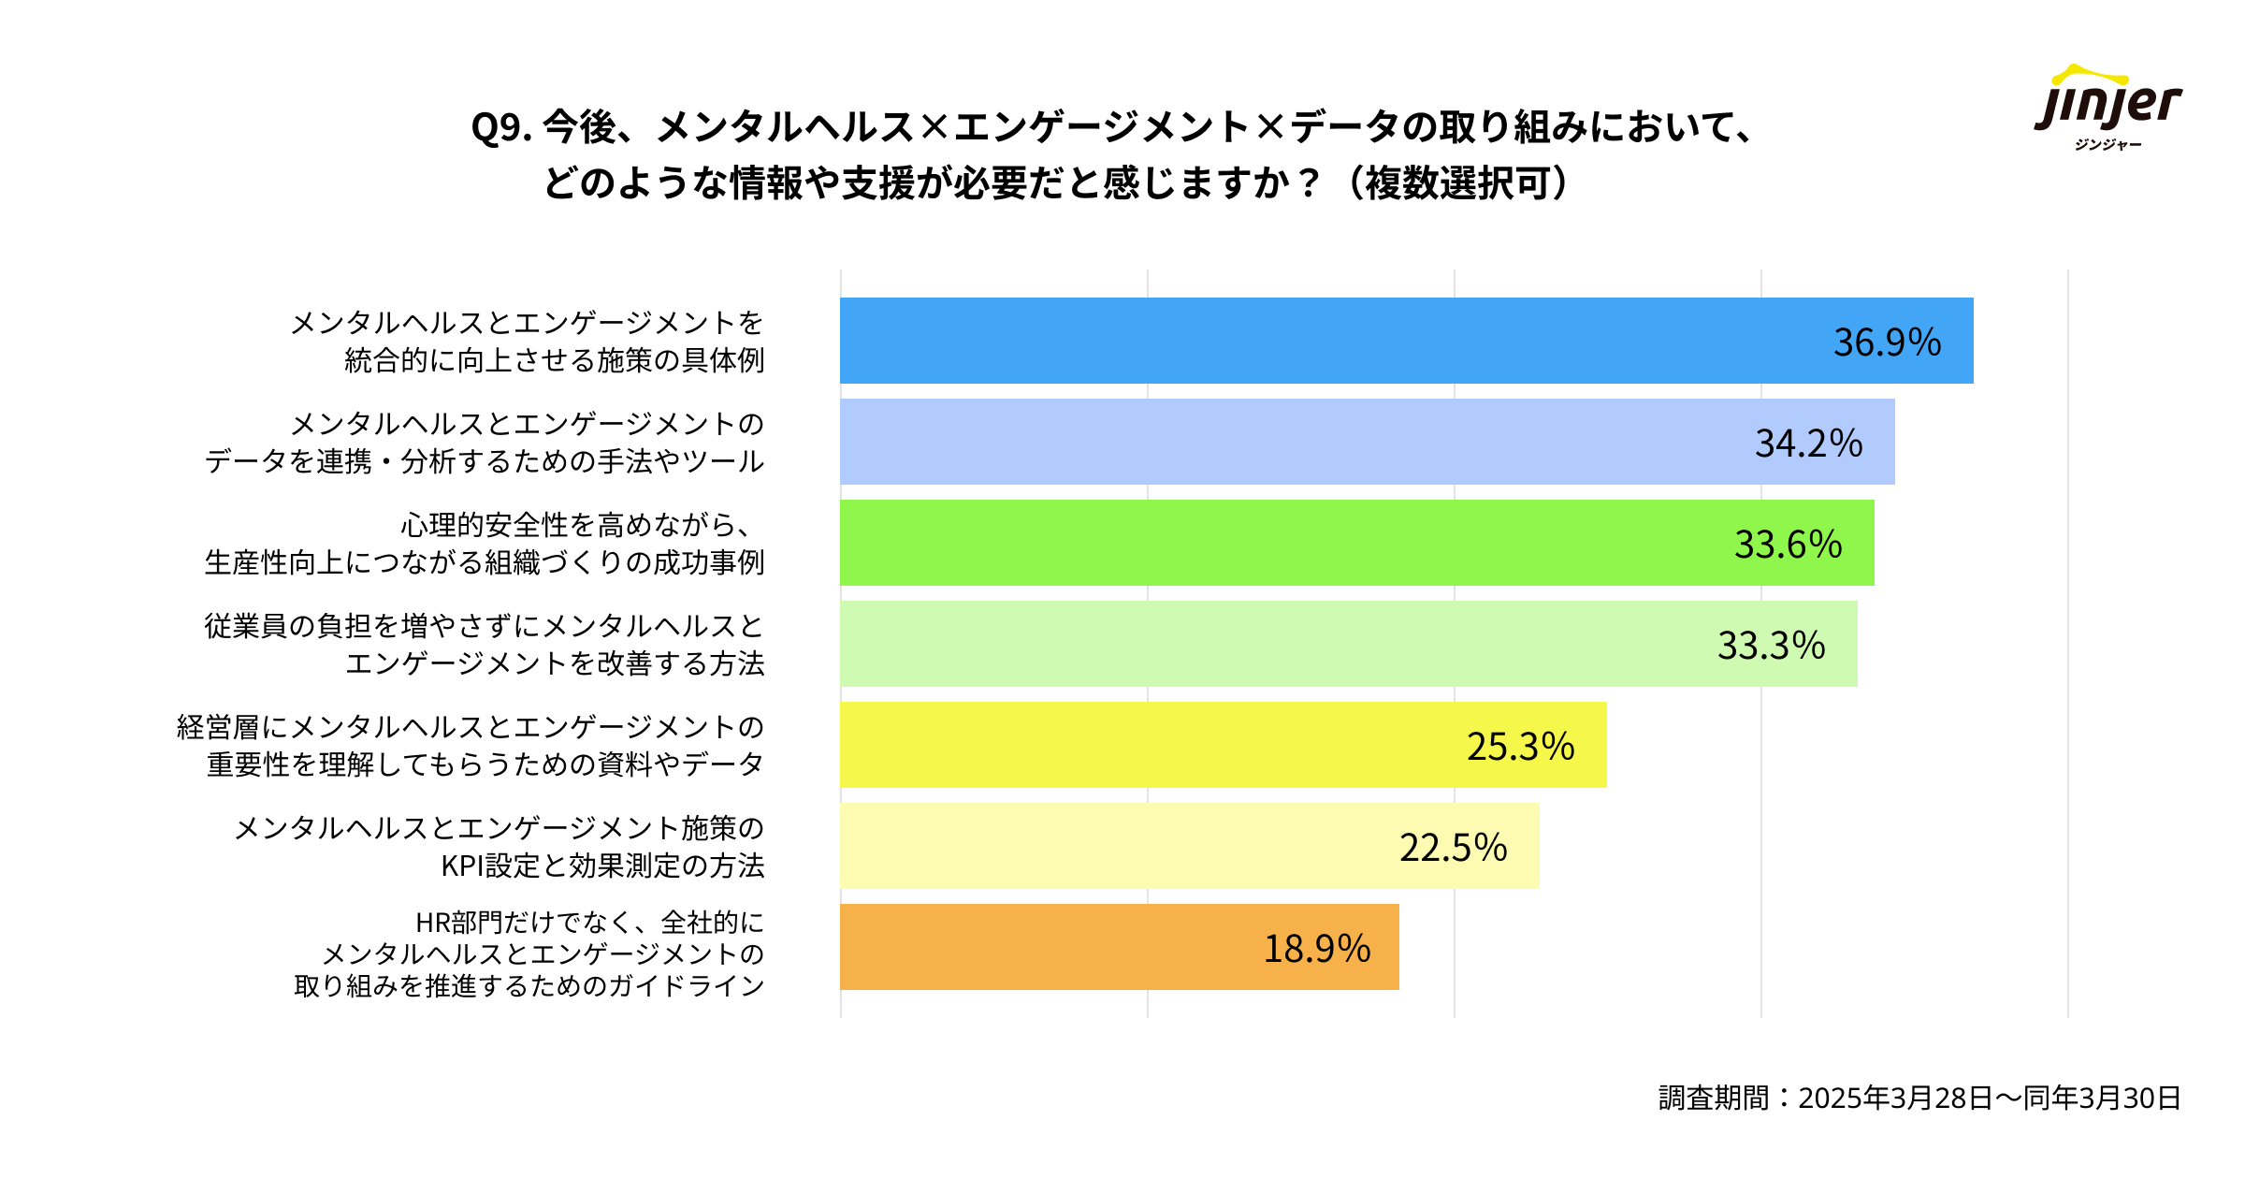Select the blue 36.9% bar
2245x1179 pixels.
(1310, 341)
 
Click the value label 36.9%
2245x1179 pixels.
(1887, 342)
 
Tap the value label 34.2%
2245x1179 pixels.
(1808, 444)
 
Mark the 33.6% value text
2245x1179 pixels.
(1788, 545)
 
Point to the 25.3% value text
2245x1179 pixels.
(1520, 747)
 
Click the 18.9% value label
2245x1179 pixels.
(1316, 949)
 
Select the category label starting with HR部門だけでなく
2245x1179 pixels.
(529, 953)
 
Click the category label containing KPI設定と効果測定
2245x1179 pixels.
(500, 847)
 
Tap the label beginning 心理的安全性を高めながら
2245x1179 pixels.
(485, 544)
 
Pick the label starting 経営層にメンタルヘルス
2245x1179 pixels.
(471, 746)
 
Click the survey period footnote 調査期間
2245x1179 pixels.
(1919, 1098)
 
